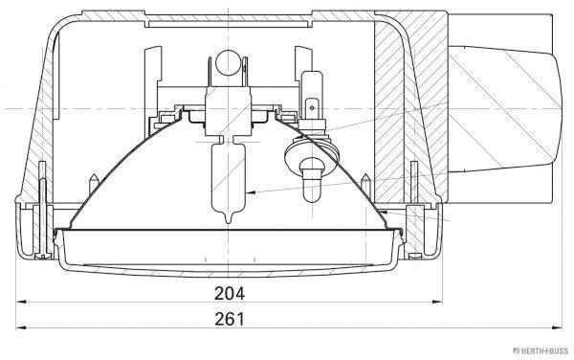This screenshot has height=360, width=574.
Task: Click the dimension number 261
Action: pyautogui.click(x=231, y=318)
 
